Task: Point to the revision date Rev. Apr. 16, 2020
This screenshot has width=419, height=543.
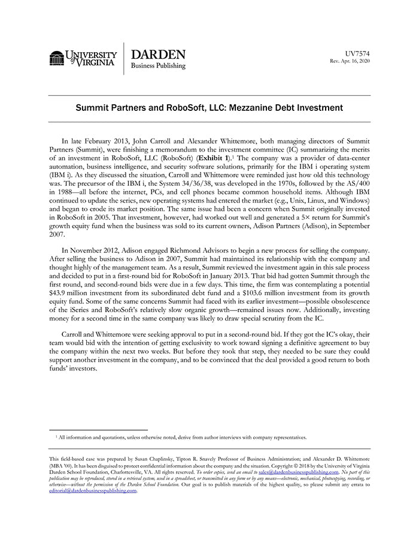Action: coord(350,62)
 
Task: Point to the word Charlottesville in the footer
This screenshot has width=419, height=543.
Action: coord(136,472)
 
